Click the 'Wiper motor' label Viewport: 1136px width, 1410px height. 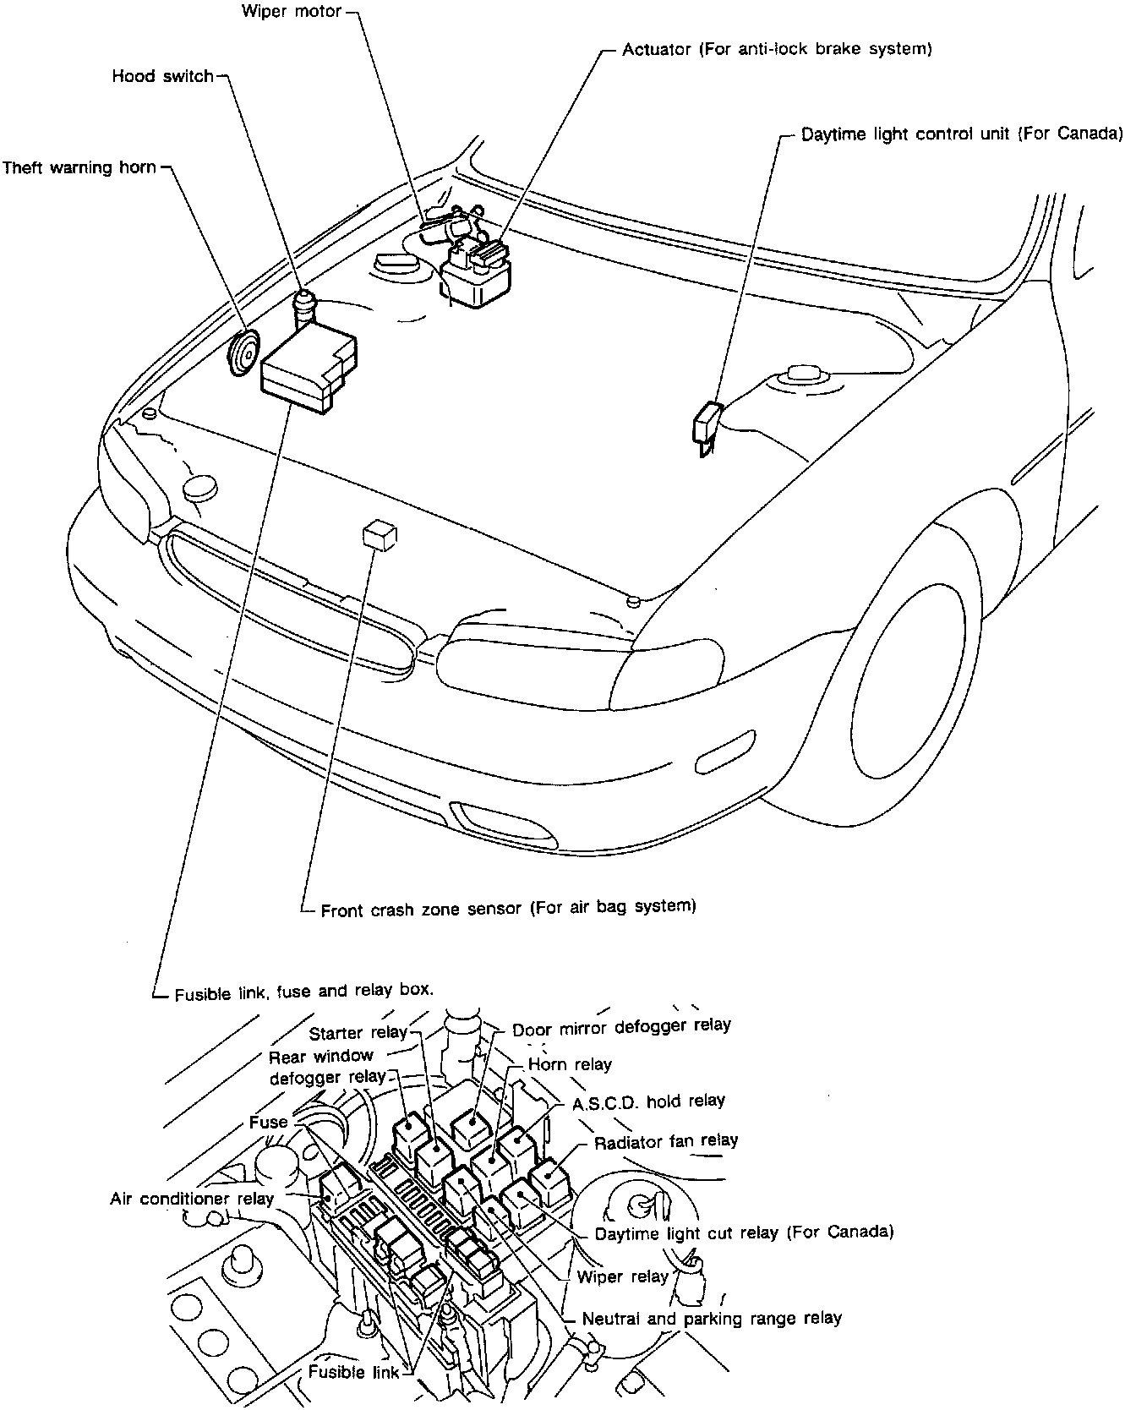[291, 12]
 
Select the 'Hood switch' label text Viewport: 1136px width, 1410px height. [162, 77]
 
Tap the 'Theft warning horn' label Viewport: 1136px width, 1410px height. [79, 167]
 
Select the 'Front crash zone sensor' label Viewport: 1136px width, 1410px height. [507, 908]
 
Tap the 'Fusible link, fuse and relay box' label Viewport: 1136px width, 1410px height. [303, 992]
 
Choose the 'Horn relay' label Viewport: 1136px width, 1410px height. [569, 1065]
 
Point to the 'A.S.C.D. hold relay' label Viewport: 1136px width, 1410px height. [648, 1101]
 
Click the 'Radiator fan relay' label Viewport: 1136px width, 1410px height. [665, 1142]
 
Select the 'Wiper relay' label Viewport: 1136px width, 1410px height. [622, 1276]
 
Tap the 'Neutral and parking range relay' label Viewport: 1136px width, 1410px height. [712, 1318]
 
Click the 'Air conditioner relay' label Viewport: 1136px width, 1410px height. [192, 1199]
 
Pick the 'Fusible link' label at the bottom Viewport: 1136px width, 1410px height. [353, 1372]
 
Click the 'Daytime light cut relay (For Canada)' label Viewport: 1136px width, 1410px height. [744, 1232]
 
